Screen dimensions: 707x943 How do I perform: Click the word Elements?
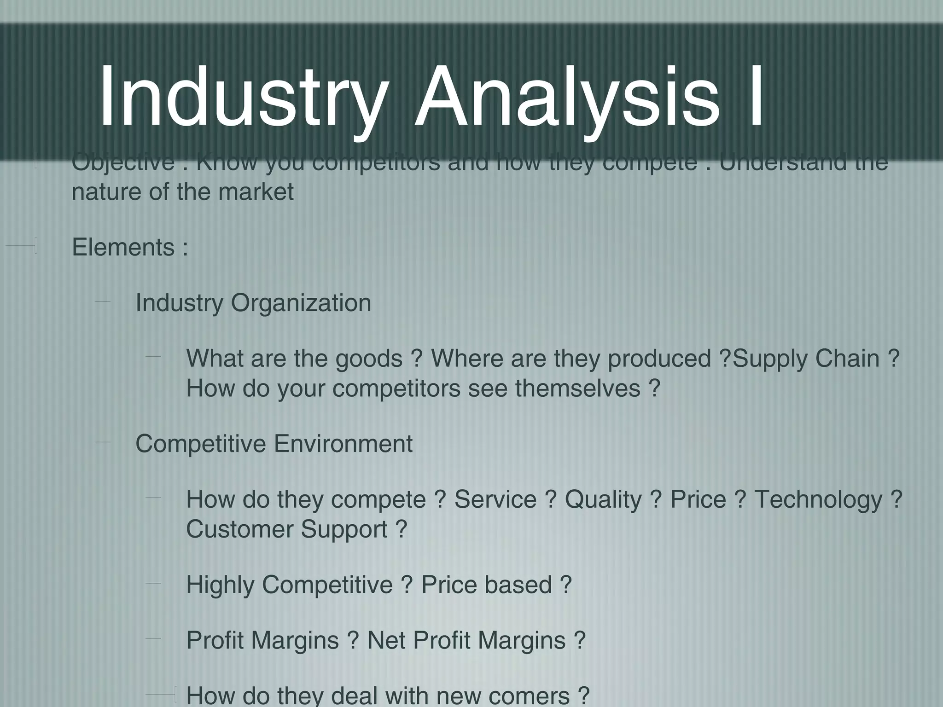click(123, 247)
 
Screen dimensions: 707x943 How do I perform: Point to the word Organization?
click(301, 303)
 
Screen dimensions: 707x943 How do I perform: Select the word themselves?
click(577, 388)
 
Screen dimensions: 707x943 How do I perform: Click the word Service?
click(495, 499)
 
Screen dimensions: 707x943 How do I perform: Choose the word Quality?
click(603, 500)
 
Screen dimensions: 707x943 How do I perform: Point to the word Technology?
click(818, 500)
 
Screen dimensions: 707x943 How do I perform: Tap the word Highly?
click(220, 585)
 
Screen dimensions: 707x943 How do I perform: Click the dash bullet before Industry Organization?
click(103, 301)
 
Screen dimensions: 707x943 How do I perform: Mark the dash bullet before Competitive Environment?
click(103, 442)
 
